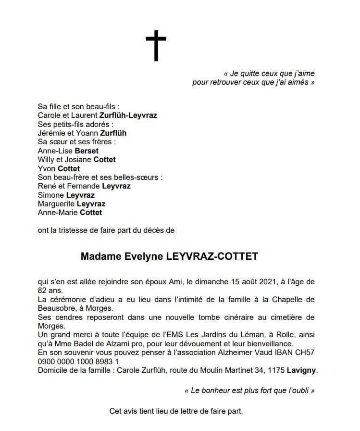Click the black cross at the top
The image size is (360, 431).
pyautogui.click(x=156, y=46)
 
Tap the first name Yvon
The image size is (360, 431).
pyautogui.click(x=47, y=169)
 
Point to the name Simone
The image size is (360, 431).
pyautogui.click(x=50, y=195)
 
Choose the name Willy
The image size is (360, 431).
pyautogui.click(x=46, y=160)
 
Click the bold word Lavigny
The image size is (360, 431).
pyautogui.click(x=302, y=370)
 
